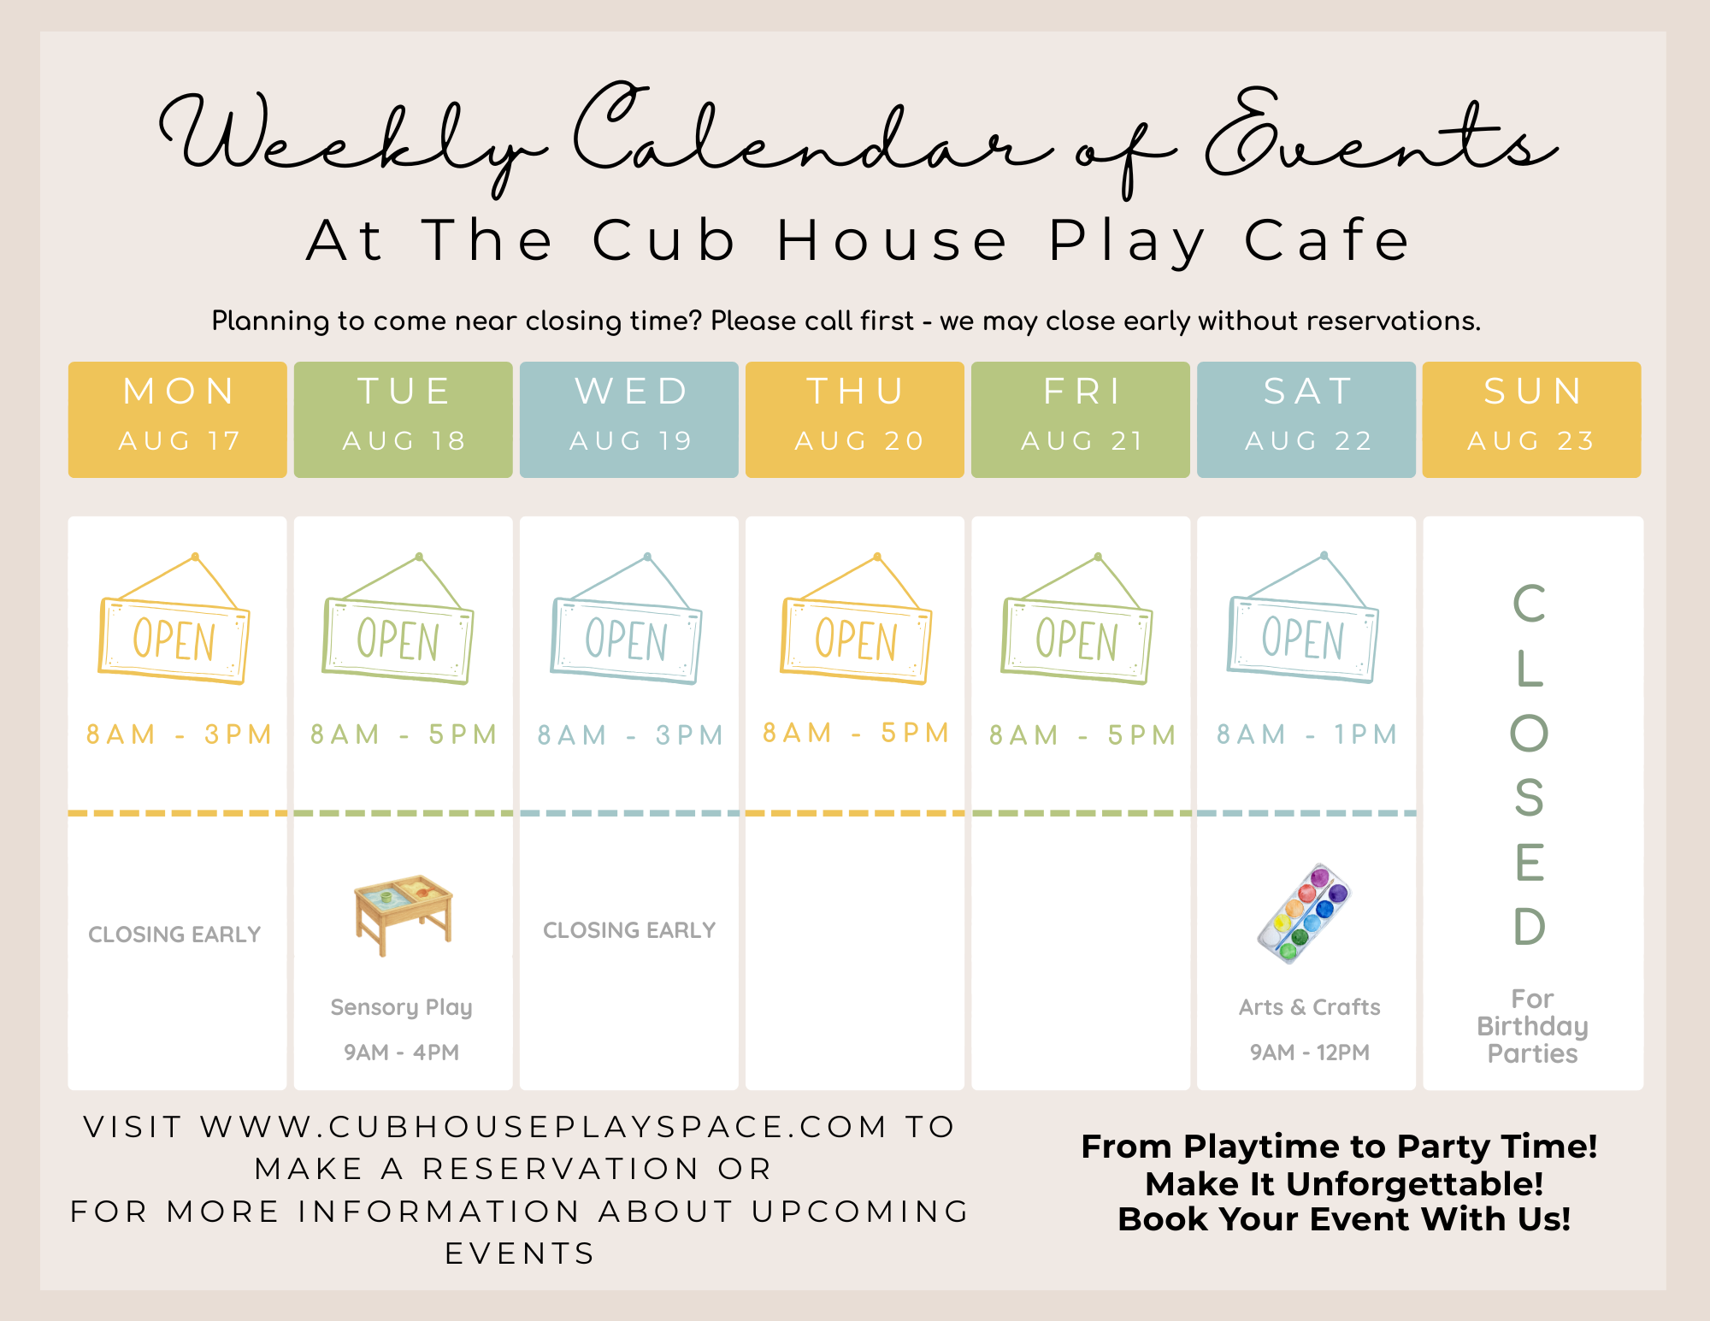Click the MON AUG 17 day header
[x=178, y=419]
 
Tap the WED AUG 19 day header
[x=629, y=419]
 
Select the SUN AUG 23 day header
[x=1532, y=419]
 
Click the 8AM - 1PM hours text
[x=1307, y=734]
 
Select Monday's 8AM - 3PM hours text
[x=179, y=734]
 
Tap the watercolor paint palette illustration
[x=1303, y=913]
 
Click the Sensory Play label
[x=401, y=1007]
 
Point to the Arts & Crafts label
[x=1310, y=1007]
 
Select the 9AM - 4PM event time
[x=401, y=1052]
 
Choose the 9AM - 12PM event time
[x=1310, y=1052]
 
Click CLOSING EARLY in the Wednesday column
[x=629, y=930]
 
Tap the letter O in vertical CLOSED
[x=1530, y=733]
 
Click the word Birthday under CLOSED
[x=1532, y=1026]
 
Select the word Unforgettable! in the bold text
[x=1415, y=1184]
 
